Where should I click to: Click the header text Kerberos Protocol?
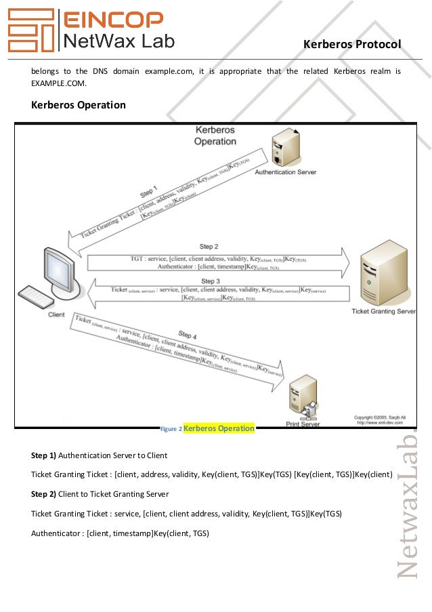pyautogui.click(x=352, y=44)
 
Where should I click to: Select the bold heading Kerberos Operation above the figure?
pyautogui.click(x=79, y=105)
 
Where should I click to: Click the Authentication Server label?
pyautogui.click(x=285, y=172)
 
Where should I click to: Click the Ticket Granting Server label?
pyautogui.click(x=384, y=312)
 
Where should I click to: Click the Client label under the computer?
pyautogui.click(x=57, y=315)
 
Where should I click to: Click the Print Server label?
pyautogui.click(x=302, y=424)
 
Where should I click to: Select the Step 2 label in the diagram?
pyautogui.click(x=209, y=247)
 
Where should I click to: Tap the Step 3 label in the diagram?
pyautogui.click(x=211, y=281)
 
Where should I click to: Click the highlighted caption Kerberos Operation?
pyautogui.click(x=219, y=428)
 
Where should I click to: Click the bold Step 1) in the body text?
pyautogui.click(x=43, y=455)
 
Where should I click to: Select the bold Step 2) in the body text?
pyautogui.click(x=43, y=494)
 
